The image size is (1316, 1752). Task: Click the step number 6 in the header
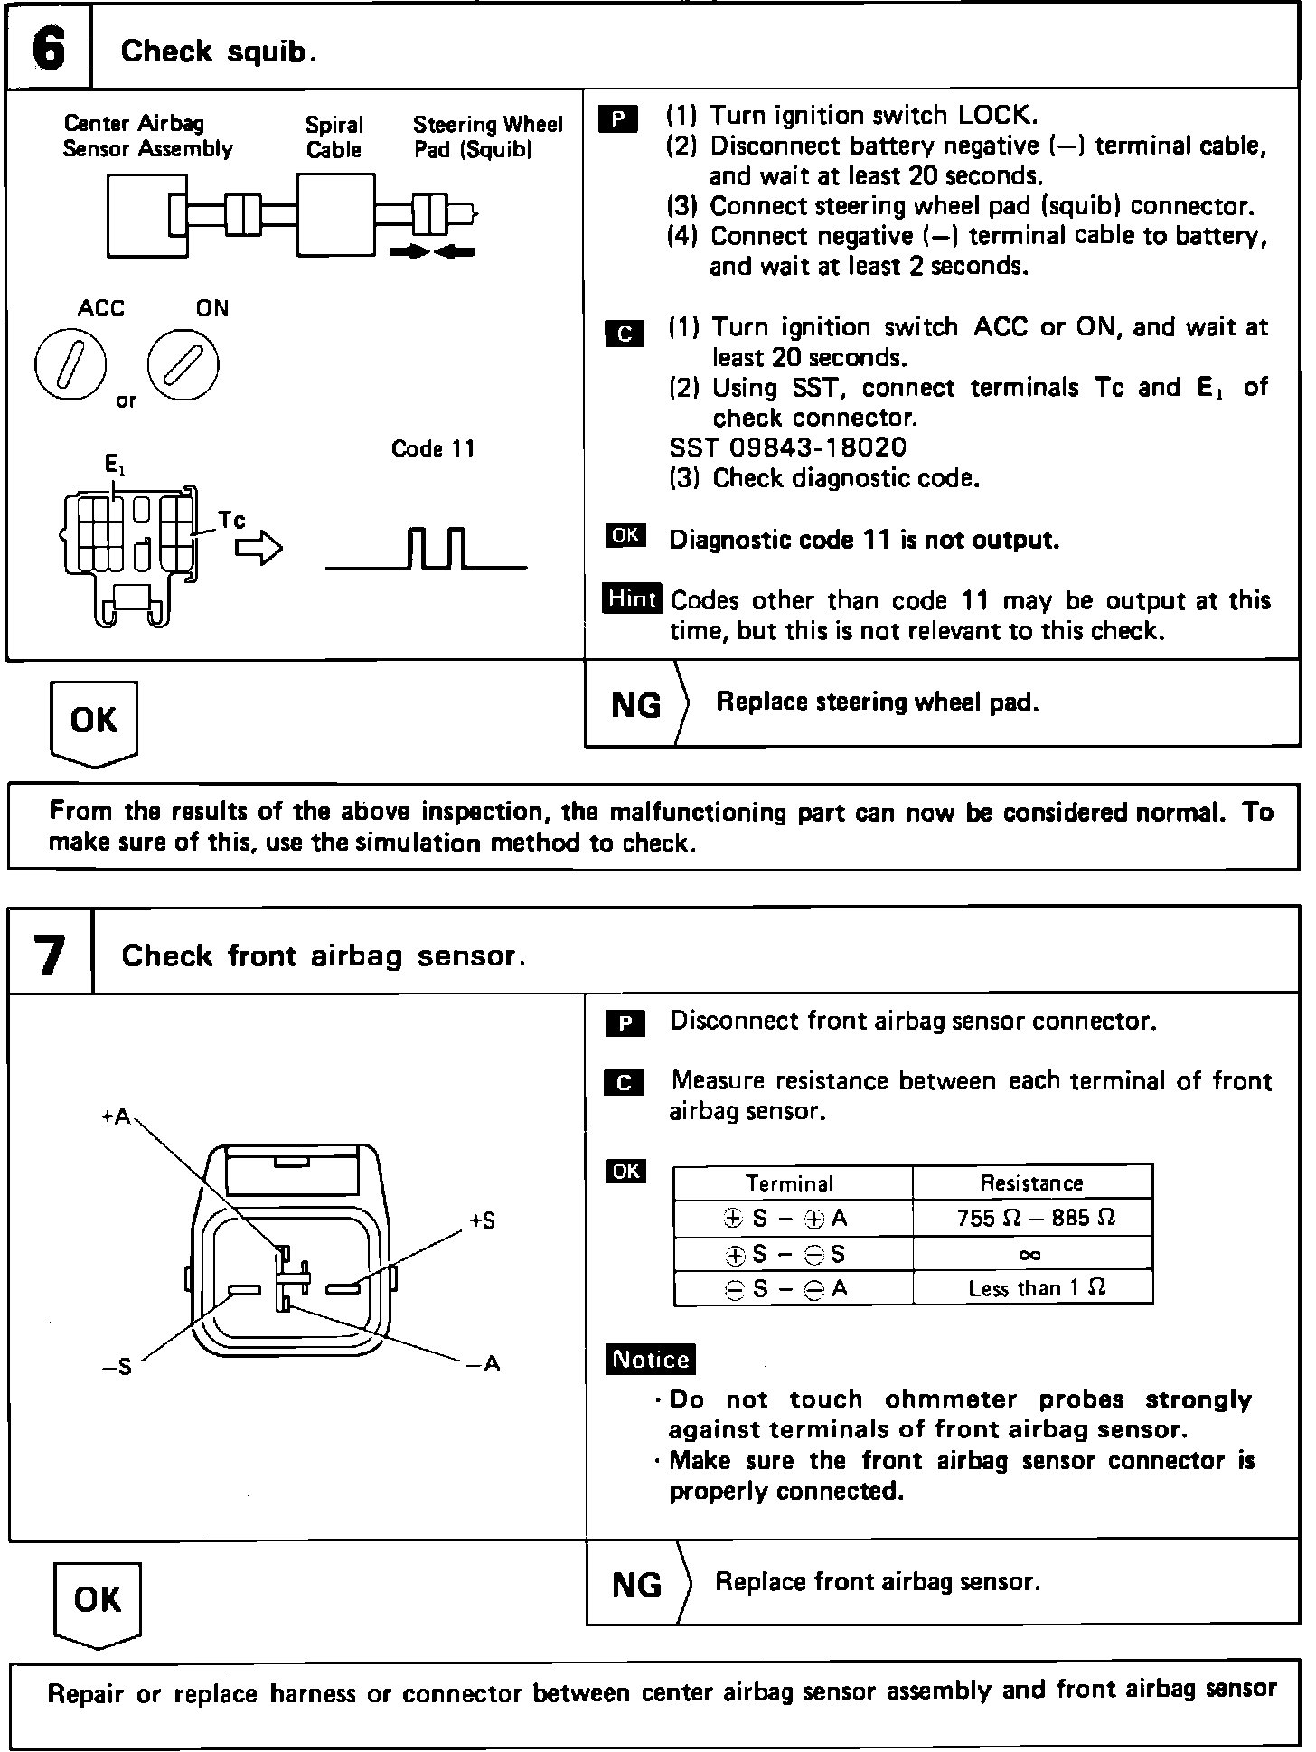click(49, 50)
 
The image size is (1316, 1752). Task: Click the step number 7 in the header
click(50, 955)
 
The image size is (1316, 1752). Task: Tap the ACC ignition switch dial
click(70, 365)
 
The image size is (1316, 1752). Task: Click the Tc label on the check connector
click(231, 521)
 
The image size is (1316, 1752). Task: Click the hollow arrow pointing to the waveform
click(259, 548)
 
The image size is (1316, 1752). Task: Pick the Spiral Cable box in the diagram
click(335, 215)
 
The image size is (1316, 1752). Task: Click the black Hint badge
click(632, 598)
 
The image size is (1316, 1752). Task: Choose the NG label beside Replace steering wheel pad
click(636, 705)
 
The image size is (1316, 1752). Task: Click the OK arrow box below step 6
click(93, 722)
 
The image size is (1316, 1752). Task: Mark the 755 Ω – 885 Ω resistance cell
click(1033, 1218)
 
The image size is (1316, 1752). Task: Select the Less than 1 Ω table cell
click(1033, 1288)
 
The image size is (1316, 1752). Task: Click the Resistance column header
click(1031, 1182)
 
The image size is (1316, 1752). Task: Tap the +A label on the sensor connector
click(116, 1117)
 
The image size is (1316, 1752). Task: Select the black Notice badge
click(651, 1360)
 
